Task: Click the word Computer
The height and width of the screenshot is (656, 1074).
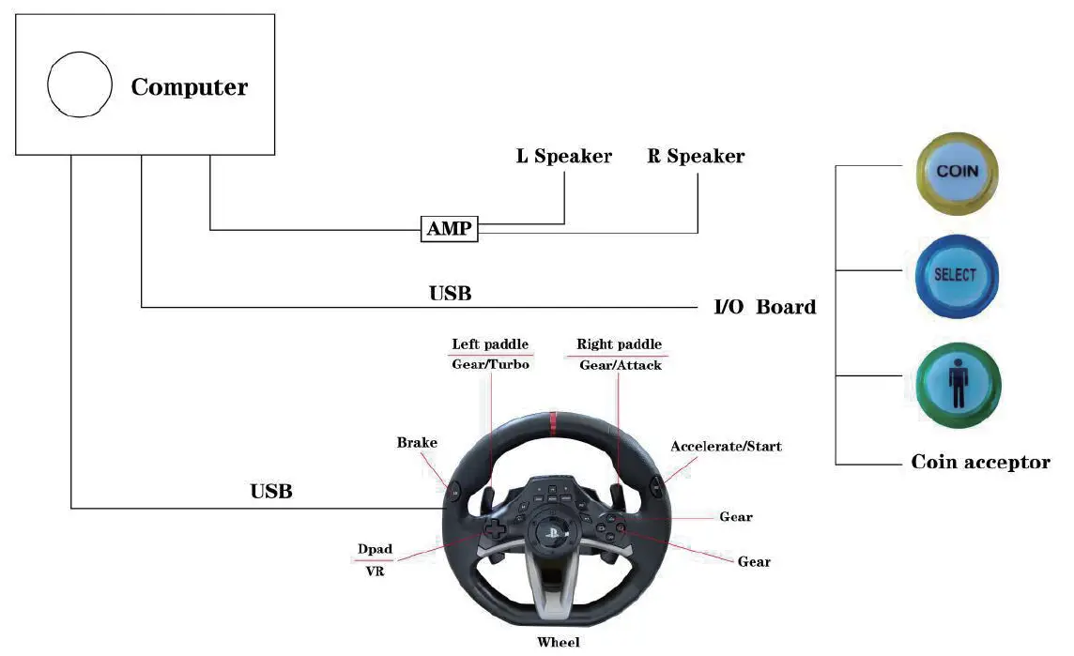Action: click(x=190, y=87)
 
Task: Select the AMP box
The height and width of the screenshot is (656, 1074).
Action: click(x=450, y=228)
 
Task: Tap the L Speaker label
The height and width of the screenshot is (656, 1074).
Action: click(x=563, y=157)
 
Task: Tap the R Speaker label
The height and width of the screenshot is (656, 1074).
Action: click(x=696, y=157)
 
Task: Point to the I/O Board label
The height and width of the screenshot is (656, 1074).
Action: click(x=764, y=307)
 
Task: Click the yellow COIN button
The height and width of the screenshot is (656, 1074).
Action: click(x=957, y=173)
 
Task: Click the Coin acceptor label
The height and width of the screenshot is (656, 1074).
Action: click(x=980, y=462)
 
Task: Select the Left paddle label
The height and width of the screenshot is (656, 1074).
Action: click(x=490, y=344)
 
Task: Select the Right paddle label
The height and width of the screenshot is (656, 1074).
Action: click(x=619, y=344)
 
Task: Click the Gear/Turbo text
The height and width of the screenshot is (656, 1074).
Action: click(x=490, y=364)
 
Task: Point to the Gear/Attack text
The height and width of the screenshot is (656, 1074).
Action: click(x=620, y=364)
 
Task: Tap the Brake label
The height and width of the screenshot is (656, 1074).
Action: click(x=417, y=442)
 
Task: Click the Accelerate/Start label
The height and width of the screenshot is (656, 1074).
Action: click(x=726, y=446)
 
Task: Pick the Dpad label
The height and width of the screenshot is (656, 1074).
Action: click(x=375, y=549)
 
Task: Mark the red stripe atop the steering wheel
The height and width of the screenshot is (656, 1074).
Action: click(x=551, y=425)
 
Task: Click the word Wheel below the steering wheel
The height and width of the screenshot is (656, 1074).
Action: click(x=558, y=642)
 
